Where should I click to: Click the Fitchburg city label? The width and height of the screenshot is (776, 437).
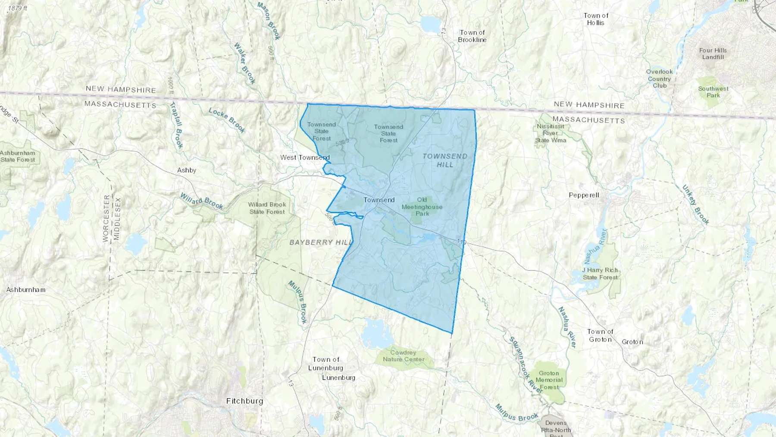[244, 401]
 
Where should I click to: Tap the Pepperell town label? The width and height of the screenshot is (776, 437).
[584, 195]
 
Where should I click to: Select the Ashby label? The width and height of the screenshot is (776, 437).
[187, 170]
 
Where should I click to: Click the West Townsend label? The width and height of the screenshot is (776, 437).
[305, 157]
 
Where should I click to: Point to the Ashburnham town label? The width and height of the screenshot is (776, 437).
[26, 290]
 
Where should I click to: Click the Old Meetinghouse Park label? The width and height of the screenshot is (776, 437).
[422, 207]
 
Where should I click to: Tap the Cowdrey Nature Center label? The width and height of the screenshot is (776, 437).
[404, 356]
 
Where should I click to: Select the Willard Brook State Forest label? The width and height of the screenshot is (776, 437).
[267, 208]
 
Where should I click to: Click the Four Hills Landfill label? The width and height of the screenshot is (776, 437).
[713, 53]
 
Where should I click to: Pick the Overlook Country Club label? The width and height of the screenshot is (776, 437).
[659, 79]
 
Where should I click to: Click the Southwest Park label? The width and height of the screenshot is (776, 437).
[713, 92]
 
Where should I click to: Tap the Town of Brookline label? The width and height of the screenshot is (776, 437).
[472, 36]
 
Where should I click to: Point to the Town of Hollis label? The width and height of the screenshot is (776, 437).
[596, 19]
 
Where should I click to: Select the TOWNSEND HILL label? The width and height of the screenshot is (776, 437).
[445, 160]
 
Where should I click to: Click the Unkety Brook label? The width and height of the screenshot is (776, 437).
[695, 204]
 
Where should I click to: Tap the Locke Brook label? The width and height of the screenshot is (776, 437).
[227, 120]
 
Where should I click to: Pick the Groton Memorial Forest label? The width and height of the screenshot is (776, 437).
[549, 380]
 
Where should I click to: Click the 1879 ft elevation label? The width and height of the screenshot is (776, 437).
[17, 8]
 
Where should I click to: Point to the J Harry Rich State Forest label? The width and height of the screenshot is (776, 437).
[600, 274]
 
